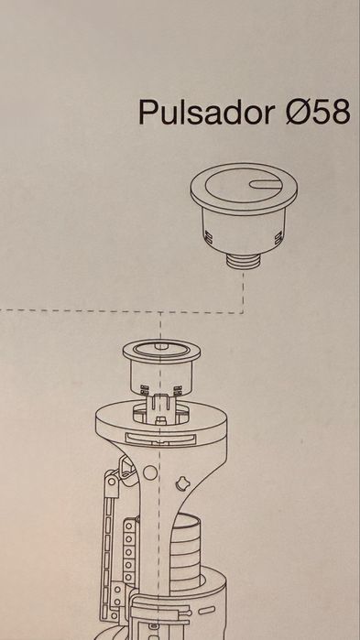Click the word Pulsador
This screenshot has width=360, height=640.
[x=206, y=112]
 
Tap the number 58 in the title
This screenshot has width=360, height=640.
[x=330, y=112]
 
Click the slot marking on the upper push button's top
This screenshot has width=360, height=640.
[x=266, y=184]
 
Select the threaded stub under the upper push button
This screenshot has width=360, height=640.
[x=244, y=261]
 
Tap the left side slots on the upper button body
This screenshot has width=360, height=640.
[x=208, y=238]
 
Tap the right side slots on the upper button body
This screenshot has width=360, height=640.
[x=278, y=238]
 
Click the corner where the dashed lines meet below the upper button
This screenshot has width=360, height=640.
[x=244, y=313]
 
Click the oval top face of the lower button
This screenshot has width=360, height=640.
[x=161, y=350]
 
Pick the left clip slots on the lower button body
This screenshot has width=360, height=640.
[x=144, y=390]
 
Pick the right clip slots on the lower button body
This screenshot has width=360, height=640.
[x=178, y=391]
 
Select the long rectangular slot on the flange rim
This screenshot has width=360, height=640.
[x=160, y=439]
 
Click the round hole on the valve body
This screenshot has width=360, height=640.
[x=150, y=472]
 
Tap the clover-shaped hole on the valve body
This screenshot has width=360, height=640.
[x=181, y=483]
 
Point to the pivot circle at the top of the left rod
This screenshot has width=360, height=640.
[x=112, y=482]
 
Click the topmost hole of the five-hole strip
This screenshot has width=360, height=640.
[x=129, y=526]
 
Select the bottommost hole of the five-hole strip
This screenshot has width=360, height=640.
[x=129, y=578]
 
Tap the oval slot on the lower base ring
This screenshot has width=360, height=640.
[x=207, y=611]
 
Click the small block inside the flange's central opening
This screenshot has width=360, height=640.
[x=161, y=419]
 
